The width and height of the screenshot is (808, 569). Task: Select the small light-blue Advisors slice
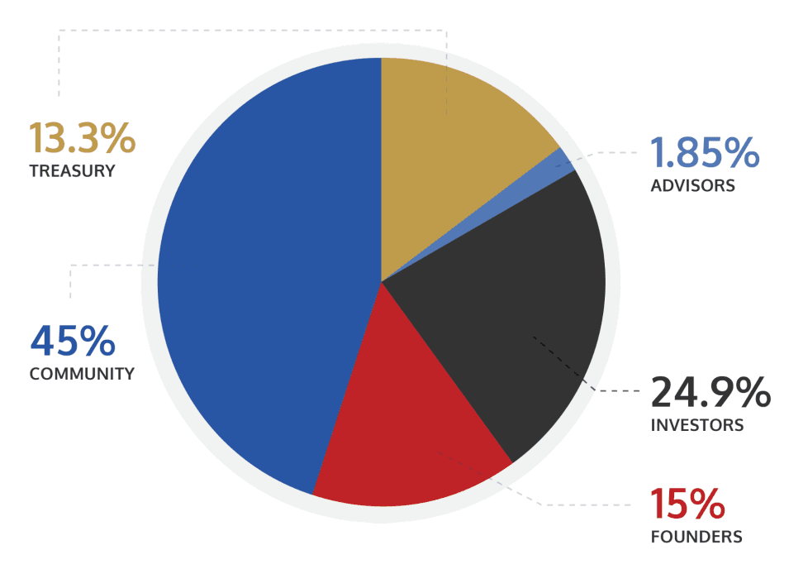(564, 160)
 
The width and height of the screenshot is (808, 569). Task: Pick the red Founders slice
(405, 430)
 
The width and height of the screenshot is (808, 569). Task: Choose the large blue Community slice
(264, 281)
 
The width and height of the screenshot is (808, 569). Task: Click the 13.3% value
(82, 138)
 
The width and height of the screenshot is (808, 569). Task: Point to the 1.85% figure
(704, 153)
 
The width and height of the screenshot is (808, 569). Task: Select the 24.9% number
(711, 393)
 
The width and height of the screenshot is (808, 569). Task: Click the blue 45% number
(72, 341)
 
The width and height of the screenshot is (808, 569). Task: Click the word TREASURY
(72, 172)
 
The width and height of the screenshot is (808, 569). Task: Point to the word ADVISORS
(692, 186)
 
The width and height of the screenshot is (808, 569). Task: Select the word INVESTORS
(697, 426)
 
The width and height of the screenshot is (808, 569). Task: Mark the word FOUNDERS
(696, 537)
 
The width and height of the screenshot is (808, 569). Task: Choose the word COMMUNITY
(82, 374)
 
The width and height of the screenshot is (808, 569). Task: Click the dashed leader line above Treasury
(248, 31)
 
